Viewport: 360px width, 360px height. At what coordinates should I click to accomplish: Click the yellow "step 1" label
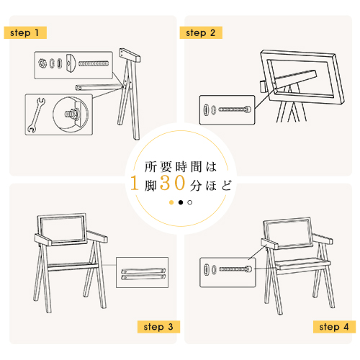tap(25, 32)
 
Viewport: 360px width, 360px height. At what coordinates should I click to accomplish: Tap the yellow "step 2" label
tap(201, 32)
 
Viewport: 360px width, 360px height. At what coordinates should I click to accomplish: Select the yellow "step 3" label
tap(158, 327)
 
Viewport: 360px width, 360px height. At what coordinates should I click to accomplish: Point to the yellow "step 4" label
tap(334, 327)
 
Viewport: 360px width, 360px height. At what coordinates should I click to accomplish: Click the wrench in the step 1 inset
tap(36, 114)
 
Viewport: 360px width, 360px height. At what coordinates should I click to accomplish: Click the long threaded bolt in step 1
tap(94, 63)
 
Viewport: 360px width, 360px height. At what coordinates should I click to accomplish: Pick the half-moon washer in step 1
tap(71, 63)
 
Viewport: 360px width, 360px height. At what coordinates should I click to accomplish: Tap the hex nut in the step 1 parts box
tap(42, 63)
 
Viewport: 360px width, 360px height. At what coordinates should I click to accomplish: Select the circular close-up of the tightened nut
tap(71, 114)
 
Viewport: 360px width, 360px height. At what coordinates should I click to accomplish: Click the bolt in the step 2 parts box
tap(235, 109)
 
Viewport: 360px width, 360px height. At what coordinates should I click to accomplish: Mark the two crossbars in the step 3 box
tap(143, 274)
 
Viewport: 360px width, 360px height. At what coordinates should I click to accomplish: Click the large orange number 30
tap(173, 183)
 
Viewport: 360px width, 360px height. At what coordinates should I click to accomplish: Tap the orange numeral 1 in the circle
tap(135, 183)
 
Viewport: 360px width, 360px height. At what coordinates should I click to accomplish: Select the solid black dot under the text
tap(181, 202)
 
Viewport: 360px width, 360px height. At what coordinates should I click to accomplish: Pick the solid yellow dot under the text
tap(171, 202)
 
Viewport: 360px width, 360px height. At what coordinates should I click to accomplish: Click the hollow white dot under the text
tap(190, 202)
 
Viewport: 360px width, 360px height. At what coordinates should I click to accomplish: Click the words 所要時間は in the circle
tap(181, 167)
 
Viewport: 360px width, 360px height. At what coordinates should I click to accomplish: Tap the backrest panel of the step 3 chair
tap(62, 229)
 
